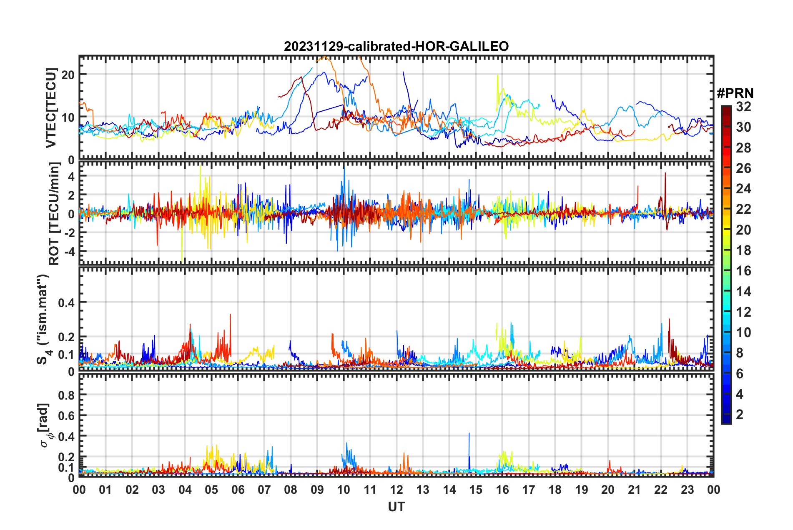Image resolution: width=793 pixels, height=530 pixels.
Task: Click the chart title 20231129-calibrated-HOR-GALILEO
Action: (396, 46)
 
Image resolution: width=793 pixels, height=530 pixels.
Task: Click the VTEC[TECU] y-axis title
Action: (51, 108)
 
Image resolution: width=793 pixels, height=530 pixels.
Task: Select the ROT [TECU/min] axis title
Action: (54, 214)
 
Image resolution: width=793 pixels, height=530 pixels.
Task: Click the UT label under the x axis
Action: (396, 507)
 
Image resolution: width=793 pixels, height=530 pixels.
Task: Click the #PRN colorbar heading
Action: (735, 93)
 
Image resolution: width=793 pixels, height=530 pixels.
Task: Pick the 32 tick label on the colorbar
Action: (743, 107)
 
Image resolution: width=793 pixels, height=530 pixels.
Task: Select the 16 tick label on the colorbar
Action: (743, 271)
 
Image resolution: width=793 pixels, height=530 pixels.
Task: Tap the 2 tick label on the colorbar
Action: (740, 414)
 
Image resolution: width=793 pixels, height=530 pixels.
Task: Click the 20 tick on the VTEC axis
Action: (68, 75)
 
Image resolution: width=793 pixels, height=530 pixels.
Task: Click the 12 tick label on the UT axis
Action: (396, 490)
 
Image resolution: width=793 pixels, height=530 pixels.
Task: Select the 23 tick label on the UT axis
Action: (687, 490)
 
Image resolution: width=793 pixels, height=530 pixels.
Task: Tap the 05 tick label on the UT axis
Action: (211, 490)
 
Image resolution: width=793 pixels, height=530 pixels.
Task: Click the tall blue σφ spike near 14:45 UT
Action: (469, 434)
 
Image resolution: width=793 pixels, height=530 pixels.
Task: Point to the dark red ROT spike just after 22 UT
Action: (665, 174)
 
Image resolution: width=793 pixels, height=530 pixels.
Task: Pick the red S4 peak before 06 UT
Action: (230, 315)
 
